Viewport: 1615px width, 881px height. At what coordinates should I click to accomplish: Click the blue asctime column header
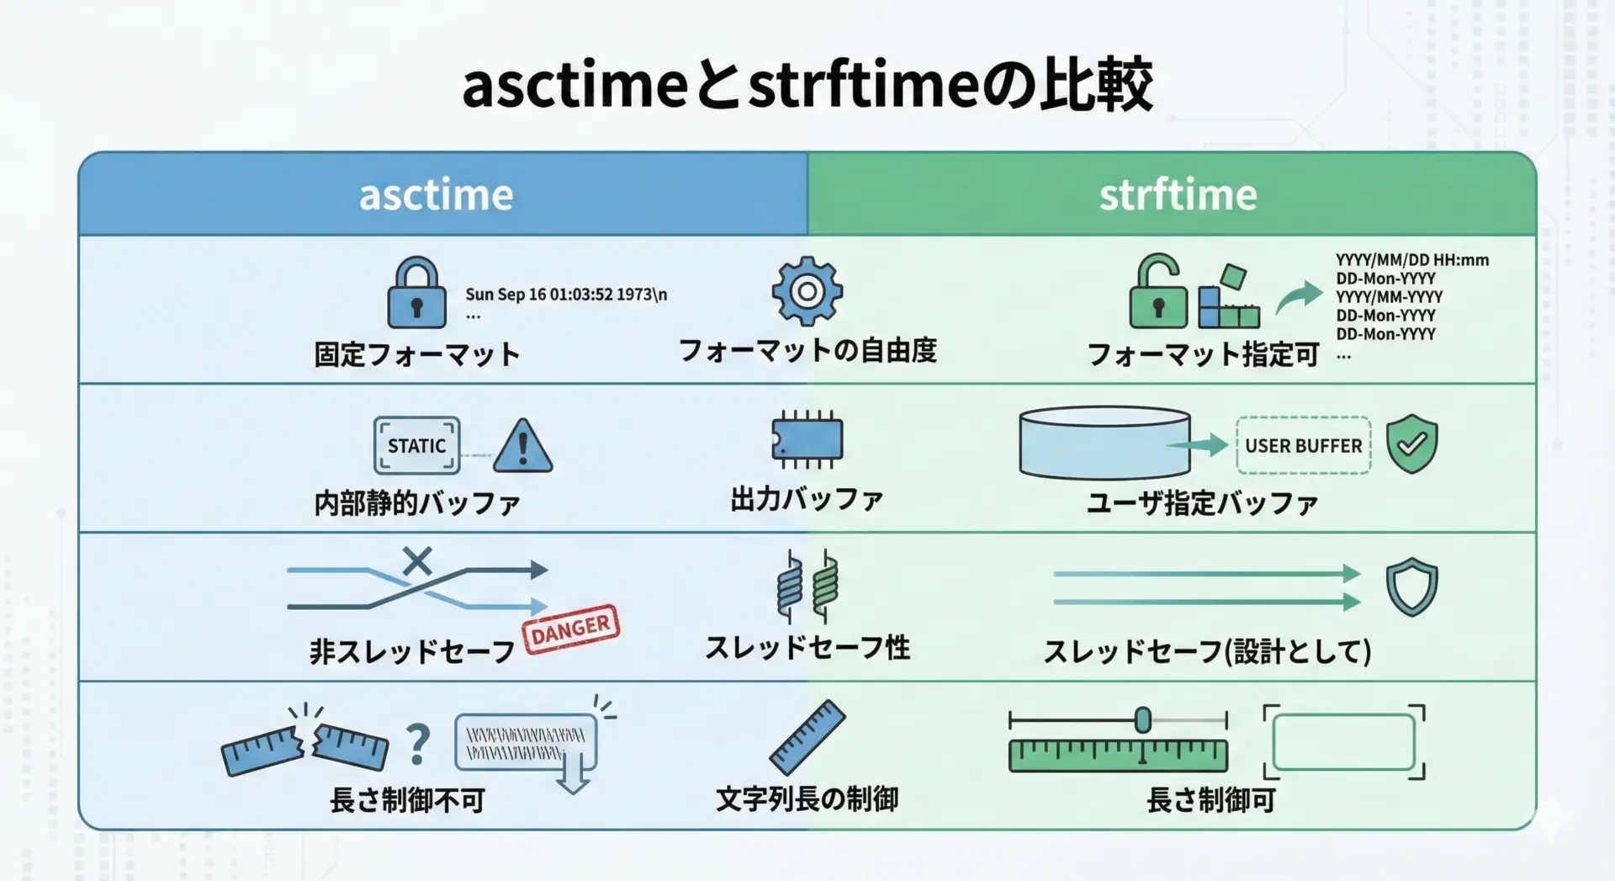(x=437, y=194)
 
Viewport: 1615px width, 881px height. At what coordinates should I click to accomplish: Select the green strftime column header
(x=1177, y=194)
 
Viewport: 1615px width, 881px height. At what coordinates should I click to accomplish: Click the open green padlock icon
(x=1157, y=292)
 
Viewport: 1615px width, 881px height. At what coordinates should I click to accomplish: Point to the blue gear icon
(x=807, y=291)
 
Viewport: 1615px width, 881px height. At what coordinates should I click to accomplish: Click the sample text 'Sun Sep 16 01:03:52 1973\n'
(x=566, y=295)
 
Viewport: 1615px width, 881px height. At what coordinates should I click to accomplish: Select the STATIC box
(x=416, y=445)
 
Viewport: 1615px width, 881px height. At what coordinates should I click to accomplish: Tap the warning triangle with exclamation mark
(x=522, y=446)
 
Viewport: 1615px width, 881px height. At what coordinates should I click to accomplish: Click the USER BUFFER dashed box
(x=1303, y=445)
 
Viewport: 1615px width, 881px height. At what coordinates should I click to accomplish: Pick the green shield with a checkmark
(x=1411, y=443)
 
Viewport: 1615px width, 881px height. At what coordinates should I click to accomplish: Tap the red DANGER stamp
(x=571, y=629)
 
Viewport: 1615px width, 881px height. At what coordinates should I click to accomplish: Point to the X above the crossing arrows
(x=416, y=560)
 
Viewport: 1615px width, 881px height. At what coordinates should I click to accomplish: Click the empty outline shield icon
(x=1411, y=586)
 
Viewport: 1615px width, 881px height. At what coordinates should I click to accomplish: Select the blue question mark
(x=418, y=745)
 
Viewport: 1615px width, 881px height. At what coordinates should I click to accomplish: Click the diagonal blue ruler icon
(x=807, y=737)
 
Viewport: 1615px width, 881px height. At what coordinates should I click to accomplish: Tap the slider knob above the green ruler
(x=1142, y=720)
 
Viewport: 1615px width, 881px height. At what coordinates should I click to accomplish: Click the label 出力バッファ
(x=807, y=500)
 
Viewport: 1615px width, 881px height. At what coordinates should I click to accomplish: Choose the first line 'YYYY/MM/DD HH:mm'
(x=1412, y=260)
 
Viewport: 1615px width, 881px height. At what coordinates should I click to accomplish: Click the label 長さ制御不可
(x=408, y=799)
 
